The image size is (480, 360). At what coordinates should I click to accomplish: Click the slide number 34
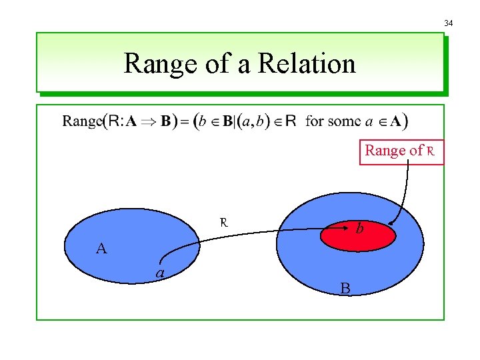[x=449, y=23]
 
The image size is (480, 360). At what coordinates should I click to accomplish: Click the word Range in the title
[x=156, y=64]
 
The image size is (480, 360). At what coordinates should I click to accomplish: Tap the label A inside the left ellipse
[x=101, y=249]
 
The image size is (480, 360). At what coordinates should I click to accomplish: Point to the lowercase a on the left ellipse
[x=160, y=273]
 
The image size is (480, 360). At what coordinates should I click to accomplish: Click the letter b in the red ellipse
[x=359, y=228]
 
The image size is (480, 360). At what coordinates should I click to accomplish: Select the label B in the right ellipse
[x=345, y=288]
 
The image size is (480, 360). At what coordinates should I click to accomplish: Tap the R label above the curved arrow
[x=225, y=222]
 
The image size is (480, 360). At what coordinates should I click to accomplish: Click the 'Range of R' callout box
[x=401, y=151]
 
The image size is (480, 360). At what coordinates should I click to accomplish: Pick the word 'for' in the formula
[x=314, y=121]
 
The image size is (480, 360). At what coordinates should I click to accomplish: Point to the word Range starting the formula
[x=83, y=121]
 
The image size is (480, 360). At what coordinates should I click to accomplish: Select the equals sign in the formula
[x=182, y=122]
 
